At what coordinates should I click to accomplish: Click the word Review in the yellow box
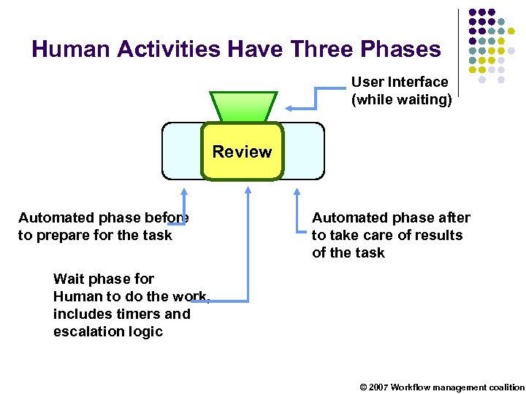coord(242,152)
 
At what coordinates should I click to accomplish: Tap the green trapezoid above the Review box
coord(243,106)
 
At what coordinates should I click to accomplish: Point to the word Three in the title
coord(320,49)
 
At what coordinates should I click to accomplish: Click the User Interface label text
coord(399,82)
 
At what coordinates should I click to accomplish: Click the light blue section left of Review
coord(181,150)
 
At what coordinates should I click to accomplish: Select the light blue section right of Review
coord(303,150)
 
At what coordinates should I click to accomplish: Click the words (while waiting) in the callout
coord(401,100)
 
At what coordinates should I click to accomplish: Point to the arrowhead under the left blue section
coord(184,192)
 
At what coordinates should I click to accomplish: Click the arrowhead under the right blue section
coord(297,192)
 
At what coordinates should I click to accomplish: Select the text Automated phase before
coord(103,217)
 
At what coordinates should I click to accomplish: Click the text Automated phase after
coord(391,217)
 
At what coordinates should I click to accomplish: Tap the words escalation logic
coord(107,331)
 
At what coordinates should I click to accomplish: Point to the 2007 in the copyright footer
coord(378,387)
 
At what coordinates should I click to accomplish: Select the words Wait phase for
coord(103,279)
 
